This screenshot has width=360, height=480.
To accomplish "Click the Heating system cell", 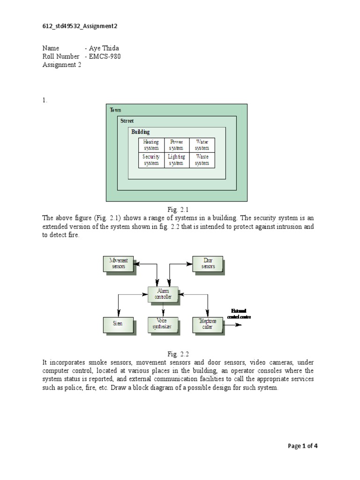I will pyautogui.click(x=151, y=145).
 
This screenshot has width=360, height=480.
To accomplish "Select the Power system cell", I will pyautogui.click(x=176, y=145).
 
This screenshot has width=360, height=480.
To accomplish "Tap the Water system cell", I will pyautogui.click(x=202, y=145).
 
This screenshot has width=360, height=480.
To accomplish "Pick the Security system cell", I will pyautogui.click(x=151, y=160).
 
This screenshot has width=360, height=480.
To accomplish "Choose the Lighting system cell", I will pyautogui.click(x=176, y=160).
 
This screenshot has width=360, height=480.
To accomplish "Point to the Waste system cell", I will pyautogui.click(x=202, y=160).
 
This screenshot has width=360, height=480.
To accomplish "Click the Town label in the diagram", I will pyautogui.click(x=115, y=110).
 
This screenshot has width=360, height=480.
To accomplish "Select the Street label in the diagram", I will pyautogui.click(x=127, y=121).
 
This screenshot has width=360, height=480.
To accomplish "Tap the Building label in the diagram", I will pyautogui.click(x=140, y=132).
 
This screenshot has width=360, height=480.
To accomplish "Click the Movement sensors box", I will pyautogui.click(x=118, y=263).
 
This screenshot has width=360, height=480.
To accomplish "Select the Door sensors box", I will pyautogui.click(x=208, y=263).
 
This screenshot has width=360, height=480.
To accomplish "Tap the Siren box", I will pyautogui.click(x=118, y=323).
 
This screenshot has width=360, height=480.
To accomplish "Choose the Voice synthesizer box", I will pyautogui.click(x=163, y=323).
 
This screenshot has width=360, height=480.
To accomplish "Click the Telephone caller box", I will pyautogui.click(x=208, y=323).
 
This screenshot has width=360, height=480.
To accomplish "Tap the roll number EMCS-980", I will pyautogui.click(x=107, y=57).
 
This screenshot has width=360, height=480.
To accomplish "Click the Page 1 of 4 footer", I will pyautogui.click(x=303, y=446).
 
